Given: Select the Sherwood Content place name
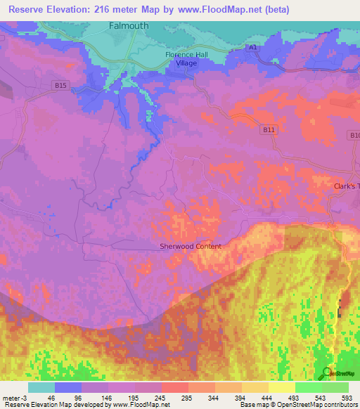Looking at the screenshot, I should [x=191, y=246].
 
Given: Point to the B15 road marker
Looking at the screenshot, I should [x=60, y=86].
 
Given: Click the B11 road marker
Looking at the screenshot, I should [x=268, y=129].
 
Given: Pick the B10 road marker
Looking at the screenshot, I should [x=354, y=135].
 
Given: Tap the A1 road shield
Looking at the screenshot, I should [x=252, y=47].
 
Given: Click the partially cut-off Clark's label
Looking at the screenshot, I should [x=346, y=186].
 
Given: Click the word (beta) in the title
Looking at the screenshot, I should [x=273, y=9].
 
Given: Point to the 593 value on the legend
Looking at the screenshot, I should [x=347, y=397].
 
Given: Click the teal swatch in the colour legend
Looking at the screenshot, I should [x=41, y=387].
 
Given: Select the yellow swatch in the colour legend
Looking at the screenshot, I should [x=281, y=387].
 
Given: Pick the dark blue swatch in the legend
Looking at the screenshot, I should [x=67, y=387].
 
